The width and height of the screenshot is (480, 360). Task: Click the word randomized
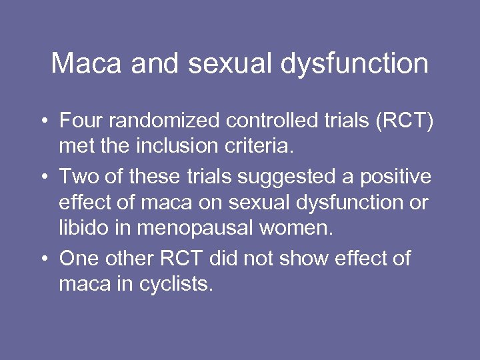tap(165, 121)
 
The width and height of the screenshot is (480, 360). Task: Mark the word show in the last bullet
tap(308, 257)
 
